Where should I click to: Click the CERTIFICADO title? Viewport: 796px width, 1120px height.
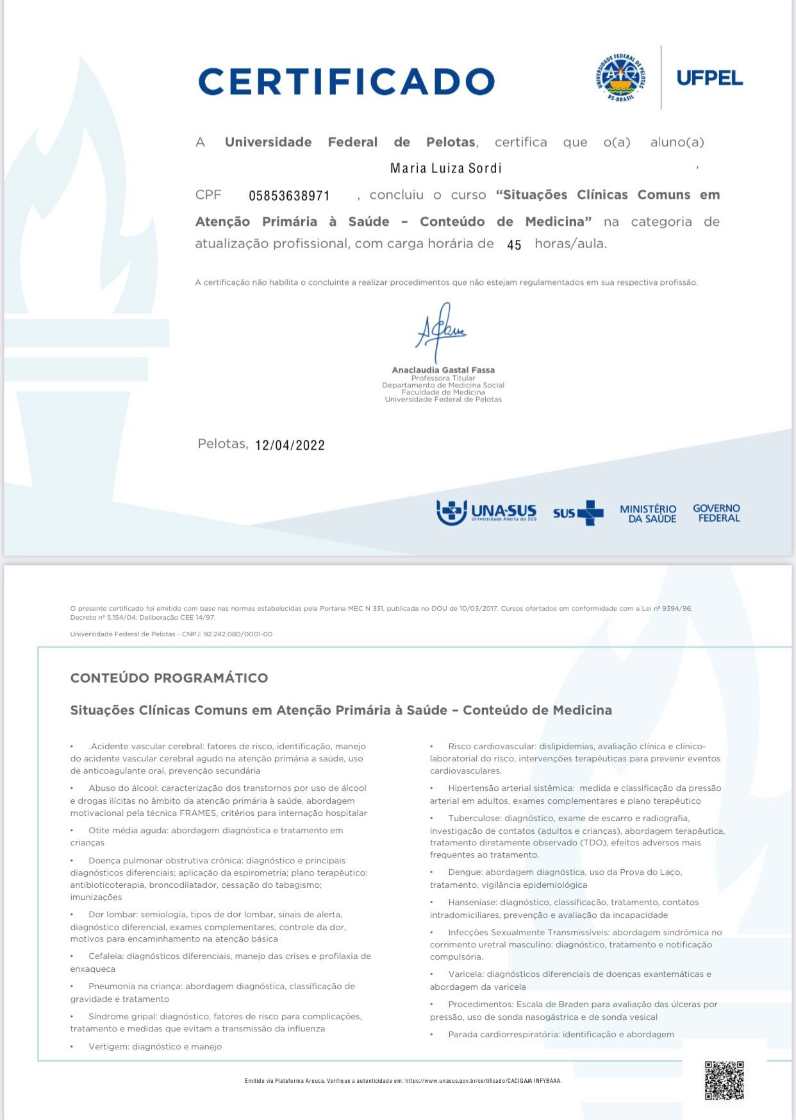coord(346,82)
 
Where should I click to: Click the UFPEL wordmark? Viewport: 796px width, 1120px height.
coord(709,78)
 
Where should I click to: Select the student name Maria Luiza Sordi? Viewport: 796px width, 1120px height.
coord(445,168)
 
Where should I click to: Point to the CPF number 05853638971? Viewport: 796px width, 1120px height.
coord(289,196)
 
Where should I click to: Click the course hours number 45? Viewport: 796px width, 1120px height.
coord(514,245)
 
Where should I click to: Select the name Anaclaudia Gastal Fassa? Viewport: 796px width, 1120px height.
coord(443,370)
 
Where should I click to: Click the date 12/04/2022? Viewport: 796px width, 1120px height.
coord(290,445)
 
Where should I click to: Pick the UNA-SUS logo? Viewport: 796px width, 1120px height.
coord(486,513)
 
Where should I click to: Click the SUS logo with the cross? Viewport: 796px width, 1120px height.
coord(578,513)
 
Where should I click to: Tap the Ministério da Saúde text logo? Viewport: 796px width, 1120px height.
coord(648,514)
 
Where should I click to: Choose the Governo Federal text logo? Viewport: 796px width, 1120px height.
coord(717,513)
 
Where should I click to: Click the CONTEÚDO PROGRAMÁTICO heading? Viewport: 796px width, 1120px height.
coord(169,678)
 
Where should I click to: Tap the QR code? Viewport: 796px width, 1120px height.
coord(724,1080)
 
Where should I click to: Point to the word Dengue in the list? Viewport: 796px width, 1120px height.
coord(465,872)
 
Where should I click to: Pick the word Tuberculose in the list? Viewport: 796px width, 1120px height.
coord(475,819)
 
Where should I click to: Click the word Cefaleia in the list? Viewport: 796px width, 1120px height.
coord(106,956)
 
